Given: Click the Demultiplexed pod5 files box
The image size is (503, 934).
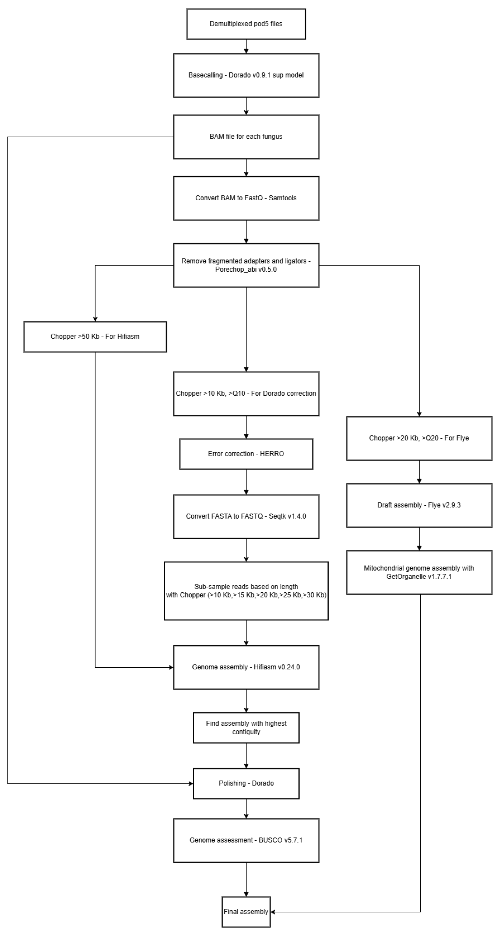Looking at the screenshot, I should point(246,24).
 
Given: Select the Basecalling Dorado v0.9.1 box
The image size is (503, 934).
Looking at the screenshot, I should point(246,75).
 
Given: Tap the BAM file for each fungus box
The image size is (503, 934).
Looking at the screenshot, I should point(246,137).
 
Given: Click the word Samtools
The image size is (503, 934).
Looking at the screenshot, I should point(282,198).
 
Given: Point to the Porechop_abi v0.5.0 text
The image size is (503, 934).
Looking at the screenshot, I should point(246,270).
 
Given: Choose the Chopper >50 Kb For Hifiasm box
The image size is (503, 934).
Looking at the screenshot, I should point(95,337).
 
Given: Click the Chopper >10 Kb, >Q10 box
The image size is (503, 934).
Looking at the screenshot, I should point(246,393).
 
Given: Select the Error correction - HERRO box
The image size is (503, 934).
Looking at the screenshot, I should point(246,454).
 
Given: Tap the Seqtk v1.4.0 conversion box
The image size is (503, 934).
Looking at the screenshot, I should point(246,516).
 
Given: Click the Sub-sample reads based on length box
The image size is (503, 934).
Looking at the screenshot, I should point(246,591).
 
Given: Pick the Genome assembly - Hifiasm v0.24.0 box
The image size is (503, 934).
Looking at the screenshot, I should point(246,667).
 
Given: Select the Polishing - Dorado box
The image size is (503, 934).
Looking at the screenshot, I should point(246,783).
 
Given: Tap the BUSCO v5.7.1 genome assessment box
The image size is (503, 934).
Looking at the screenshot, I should point(246,840).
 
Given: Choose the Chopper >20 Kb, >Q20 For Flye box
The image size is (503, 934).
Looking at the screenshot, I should point(419,438).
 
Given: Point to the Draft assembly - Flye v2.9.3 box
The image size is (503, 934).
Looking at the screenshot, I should point(419,505).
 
